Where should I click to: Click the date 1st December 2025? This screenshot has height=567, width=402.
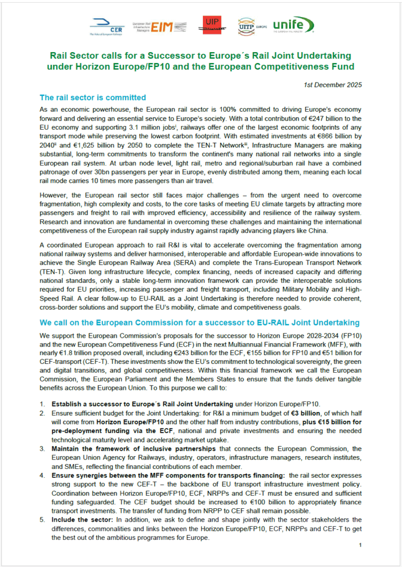tap(333, 85)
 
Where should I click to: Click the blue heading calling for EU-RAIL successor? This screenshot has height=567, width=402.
tap(200, 322)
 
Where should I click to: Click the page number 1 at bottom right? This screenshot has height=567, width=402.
tap(360, 545)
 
